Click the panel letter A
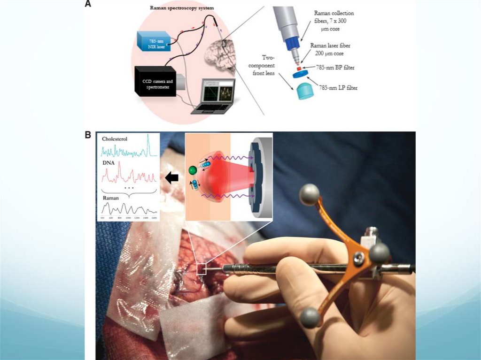point(88,4)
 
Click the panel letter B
point(88,135)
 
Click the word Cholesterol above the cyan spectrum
point(115,139)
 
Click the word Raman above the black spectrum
point(110,198)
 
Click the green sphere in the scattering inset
point(193,169)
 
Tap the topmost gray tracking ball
point(310,194)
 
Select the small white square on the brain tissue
point(202,268)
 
